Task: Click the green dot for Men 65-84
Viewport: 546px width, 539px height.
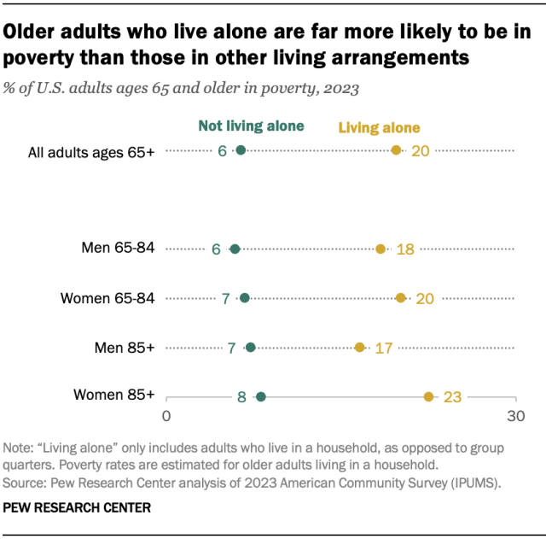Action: point(235,249)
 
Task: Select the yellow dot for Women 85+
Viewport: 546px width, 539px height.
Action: point(429,396)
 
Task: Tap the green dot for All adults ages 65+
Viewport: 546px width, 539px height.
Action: point(241,150)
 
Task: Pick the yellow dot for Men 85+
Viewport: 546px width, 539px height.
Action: point(360,347)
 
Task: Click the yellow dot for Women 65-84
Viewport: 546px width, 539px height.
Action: point(401,298)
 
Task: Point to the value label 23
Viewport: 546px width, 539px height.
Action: point(452,396)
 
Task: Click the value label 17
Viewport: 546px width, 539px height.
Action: point(383,348)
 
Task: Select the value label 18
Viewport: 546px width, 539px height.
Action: point(405,249)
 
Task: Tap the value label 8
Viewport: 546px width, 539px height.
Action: point(241,397)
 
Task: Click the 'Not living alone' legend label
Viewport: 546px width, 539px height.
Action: point(251,126)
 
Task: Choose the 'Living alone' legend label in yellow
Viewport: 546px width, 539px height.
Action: point(380,128)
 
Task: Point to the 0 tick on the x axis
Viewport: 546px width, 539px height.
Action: point(166,416)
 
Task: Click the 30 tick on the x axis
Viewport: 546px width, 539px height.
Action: point(514,416)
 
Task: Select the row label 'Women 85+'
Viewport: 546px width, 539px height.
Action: point(114,395)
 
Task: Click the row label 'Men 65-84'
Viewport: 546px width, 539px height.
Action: point(118,248)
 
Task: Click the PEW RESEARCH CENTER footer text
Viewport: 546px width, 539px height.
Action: point(77,507)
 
